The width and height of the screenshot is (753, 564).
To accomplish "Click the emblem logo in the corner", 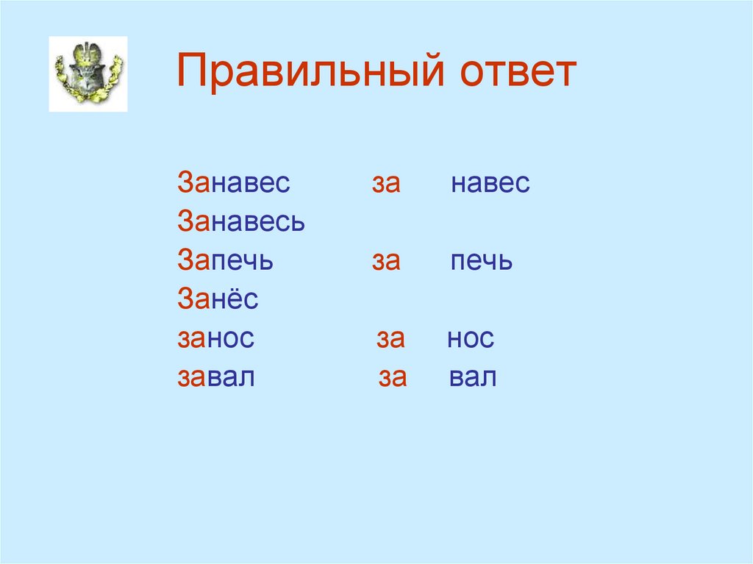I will pos(88,74).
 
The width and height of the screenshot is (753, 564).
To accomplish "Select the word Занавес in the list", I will pos(234,183).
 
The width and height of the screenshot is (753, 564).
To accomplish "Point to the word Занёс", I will pos(218,300).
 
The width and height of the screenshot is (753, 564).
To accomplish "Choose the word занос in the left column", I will pos(215,339).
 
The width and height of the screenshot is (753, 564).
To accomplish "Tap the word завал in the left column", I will pos(215,378).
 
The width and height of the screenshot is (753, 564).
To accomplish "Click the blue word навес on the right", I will pos(490,183).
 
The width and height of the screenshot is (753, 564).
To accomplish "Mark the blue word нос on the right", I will pos(471,339).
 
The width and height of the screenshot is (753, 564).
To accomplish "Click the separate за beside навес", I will pos(385,183).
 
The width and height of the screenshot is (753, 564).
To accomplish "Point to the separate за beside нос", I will pos(391,339).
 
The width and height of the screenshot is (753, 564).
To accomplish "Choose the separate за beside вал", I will pos(393,378).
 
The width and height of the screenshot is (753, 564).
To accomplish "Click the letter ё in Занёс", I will pos(236,299).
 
